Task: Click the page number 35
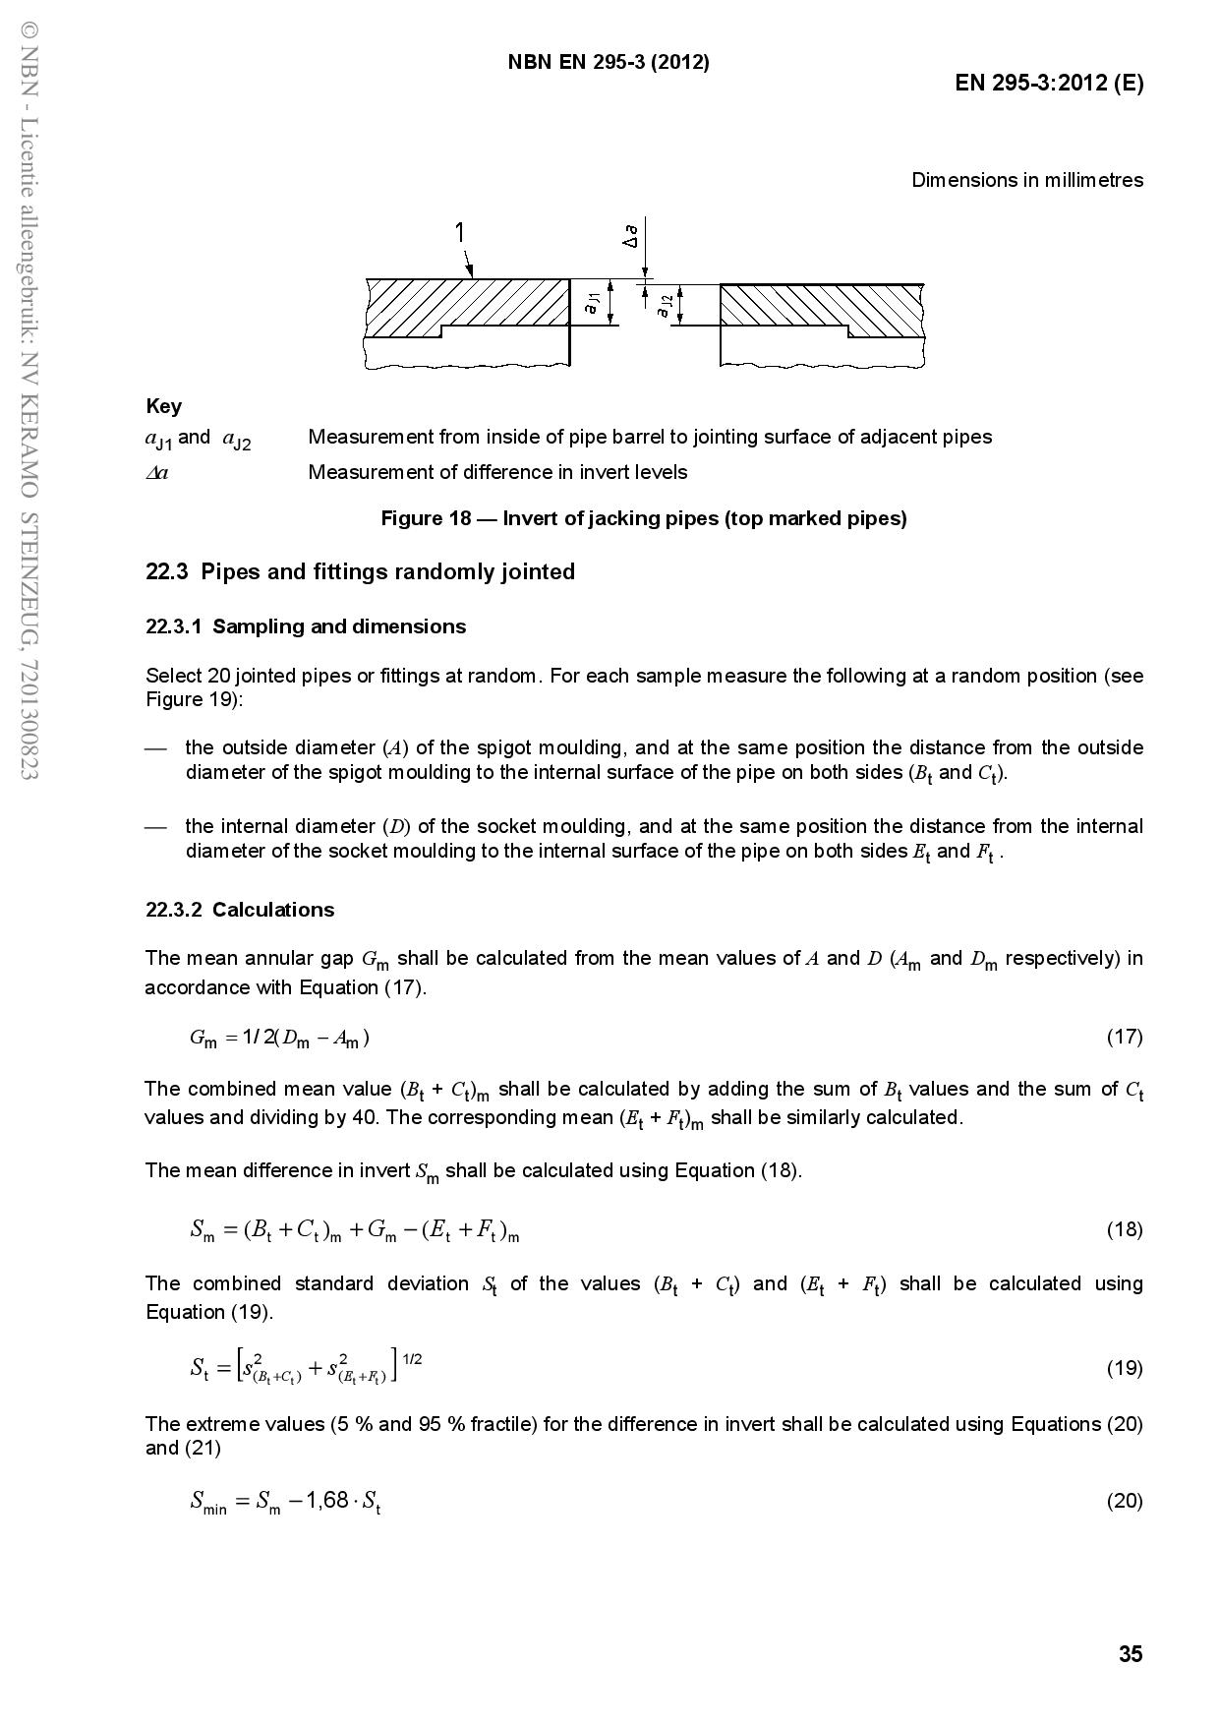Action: (x=1131, y=1654)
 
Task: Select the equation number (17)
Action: (x=1125, y=1037)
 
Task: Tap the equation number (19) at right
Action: (x=1125, y=1368)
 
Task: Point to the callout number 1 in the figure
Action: (x=459, y=232)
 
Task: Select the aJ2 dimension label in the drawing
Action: (x=665, y=307)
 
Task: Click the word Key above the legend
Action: (x=163, y=406)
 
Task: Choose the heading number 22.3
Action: (x=167, y=572)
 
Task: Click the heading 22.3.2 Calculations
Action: (x=240, y=910)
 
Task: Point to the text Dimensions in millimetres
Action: (x=1027, y=180)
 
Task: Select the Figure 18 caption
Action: (x=644, y=518)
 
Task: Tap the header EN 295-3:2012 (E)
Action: (x=1049, y=83)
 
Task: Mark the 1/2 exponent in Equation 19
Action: (x=413, y=1359)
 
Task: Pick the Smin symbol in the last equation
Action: (x=208, y=1502)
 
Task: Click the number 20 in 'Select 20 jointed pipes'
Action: (x=218, y=676)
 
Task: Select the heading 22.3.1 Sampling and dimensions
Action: (x=306, y=626)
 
